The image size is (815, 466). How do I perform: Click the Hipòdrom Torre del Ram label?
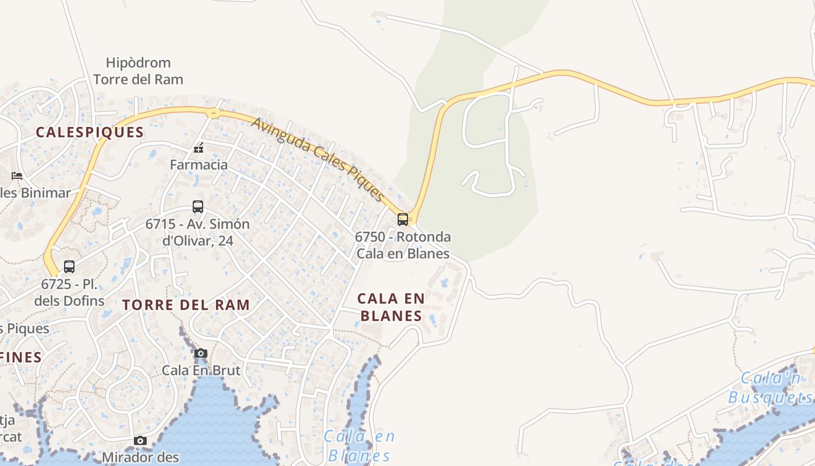tap(138, 71)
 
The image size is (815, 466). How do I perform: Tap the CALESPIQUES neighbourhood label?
tap(90, 132)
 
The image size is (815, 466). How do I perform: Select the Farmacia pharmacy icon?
tap(199, 148)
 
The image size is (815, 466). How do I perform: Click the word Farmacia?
tap(199, 165)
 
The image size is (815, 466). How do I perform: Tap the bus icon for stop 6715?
tap(198, 207)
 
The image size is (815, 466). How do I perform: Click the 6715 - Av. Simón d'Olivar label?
tap(197, 232)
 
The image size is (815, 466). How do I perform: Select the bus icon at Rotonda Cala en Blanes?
tap(402, 220)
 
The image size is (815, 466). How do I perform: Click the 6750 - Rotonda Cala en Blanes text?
tap(403, 245)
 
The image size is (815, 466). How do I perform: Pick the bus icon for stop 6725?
tap(69, 267)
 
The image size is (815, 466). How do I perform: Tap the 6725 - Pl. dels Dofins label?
tap(69, 293)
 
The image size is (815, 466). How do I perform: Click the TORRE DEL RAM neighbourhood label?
tap(186, 305)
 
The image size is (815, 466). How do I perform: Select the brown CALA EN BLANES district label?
tap(391, 307)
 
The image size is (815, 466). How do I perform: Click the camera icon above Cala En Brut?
tap(201, 353)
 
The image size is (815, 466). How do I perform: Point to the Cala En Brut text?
tap(201, 370)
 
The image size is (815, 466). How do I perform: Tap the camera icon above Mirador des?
tap(140, 440)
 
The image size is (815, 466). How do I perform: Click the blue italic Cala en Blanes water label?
tap(359, 446)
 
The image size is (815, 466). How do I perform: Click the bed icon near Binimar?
tap(17, 175)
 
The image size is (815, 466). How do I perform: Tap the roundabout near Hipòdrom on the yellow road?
tap(214, 112)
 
